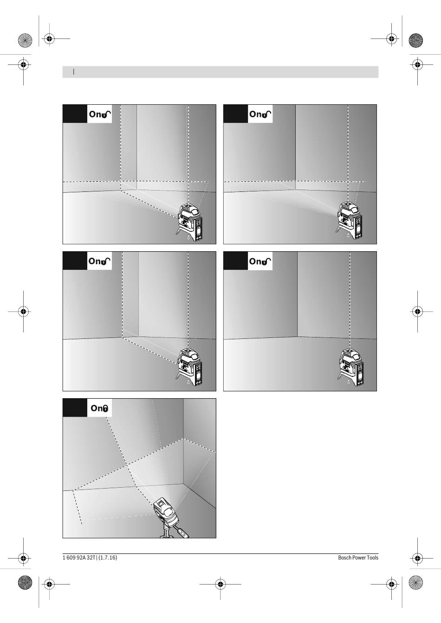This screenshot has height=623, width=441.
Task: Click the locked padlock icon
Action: click(105, 408)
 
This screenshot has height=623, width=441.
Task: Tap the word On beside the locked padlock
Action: click(97, 408)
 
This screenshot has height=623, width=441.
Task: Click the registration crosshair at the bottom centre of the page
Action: click(220, 584)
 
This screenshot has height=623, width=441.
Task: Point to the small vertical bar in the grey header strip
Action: click(73, 72)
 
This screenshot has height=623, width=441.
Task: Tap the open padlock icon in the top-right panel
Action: click(267, 114)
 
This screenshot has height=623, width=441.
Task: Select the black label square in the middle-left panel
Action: click(75, 261)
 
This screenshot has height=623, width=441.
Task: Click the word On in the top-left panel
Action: click(96, 114)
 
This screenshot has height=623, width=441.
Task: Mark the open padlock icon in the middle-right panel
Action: click(267, 261)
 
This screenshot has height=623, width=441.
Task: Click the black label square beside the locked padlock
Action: click(75, 407)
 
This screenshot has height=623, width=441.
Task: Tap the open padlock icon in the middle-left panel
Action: click(106, 261)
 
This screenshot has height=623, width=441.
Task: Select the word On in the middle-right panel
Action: click(256, 261)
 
